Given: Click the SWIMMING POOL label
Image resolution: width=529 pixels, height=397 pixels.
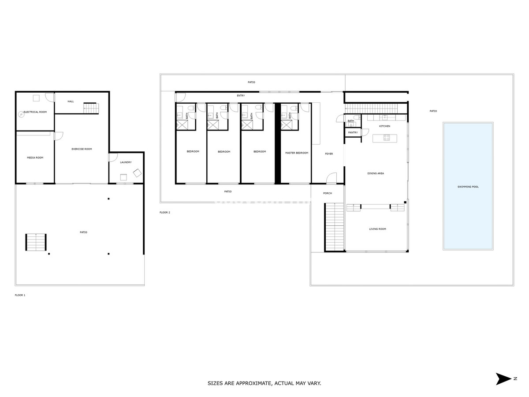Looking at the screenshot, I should pos(468,187).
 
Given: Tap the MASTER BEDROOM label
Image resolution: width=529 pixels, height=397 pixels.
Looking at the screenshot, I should pos(297,153).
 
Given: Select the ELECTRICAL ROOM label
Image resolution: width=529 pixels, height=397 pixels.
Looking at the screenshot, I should pos(35,112).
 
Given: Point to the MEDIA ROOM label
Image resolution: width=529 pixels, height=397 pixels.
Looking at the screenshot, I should pos(35,157).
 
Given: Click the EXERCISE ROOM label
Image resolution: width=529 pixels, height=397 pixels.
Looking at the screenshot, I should pos(82,149).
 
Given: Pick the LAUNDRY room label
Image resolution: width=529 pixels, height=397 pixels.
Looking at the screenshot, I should pos(126,162).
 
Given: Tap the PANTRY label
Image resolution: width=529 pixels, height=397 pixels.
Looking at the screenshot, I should pos(353,132).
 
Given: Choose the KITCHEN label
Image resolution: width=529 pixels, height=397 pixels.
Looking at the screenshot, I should pos(385,127).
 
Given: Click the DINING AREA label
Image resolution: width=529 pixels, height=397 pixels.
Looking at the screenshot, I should pos(376,173).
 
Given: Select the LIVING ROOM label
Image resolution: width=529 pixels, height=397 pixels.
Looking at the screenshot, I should pos(377,229).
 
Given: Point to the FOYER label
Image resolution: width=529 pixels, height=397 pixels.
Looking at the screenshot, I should pos(329,154).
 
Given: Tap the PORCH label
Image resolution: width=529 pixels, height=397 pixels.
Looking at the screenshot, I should pos(328,193).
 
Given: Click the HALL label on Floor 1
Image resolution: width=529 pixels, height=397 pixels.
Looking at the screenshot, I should pos(71,101).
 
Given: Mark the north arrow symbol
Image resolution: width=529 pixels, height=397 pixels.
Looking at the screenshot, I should pos(503,378).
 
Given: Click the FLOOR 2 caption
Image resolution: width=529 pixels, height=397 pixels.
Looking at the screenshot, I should pos(165,213).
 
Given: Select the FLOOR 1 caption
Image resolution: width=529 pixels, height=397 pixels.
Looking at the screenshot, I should pos(20,295).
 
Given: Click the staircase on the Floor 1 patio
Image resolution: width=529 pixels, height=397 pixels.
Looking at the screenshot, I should pos(36,242).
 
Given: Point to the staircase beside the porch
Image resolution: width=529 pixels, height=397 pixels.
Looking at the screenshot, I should pos(334,227).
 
